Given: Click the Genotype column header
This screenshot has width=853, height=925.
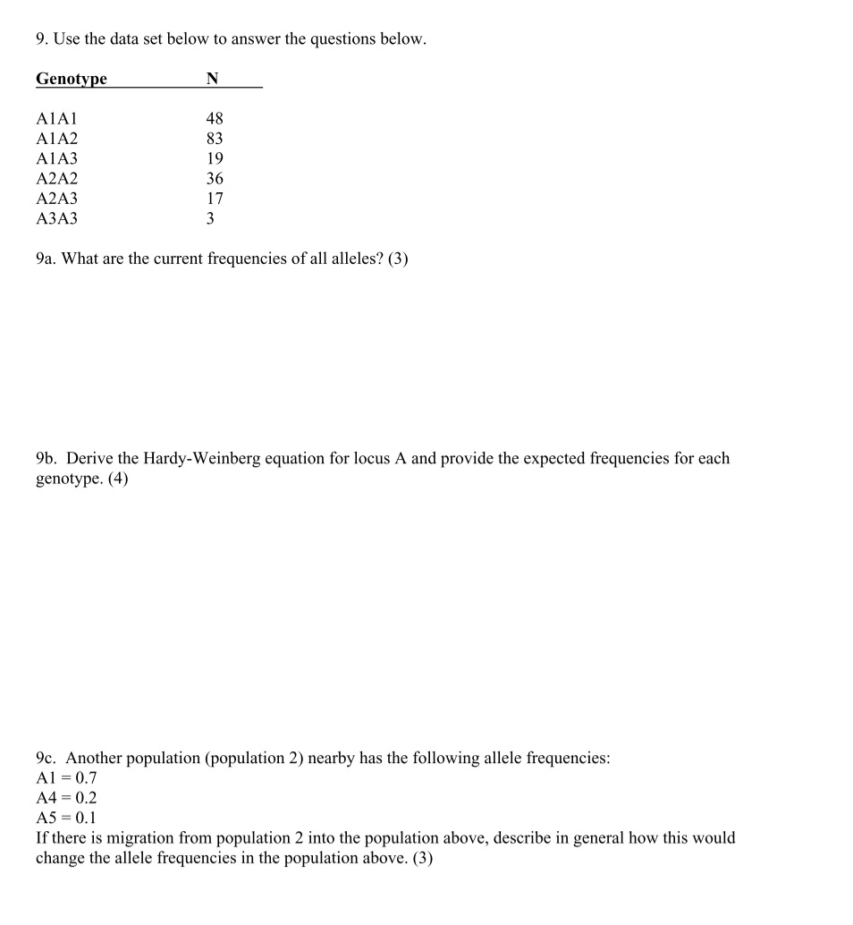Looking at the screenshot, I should coord(71,79).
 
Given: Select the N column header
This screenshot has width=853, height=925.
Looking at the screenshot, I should coord(212,79).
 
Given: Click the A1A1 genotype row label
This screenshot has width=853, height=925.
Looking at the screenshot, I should coord(57,119).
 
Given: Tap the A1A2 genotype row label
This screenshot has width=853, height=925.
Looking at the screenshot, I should coord(57,139).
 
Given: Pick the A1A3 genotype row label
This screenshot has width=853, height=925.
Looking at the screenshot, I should coord(57,158).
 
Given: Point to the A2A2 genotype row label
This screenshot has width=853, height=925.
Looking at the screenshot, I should coord(57,179).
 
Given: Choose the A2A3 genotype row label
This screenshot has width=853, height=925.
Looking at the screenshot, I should coord(57,199).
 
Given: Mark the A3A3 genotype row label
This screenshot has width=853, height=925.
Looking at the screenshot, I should coord(57,218).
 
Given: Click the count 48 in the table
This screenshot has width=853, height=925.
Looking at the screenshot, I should coord(215,119).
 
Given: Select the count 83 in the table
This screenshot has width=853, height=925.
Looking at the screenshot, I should coord(215,139).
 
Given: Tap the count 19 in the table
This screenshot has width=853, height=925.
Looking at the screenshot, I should coord(215,158).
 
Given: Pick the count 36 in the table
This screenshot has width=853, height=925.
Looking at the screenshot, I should coord(215,179).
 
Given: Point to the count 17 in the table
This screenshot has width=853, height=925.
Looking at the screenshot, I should coord(215,199).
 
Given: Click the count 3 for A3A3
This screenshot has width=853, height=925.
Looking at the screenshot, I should coord(210,218).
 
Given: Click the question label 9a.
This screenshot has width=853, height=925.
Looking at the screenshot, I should coord(46,259).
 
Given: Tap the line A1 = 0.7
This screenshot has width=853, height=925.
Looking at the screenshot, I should coord(66,778).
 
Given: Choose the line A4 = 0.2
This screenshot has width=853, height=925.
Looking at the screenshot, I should coord(66,798).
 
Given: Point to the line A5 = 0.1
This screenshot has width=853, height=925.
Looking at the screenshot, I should coord(66,819).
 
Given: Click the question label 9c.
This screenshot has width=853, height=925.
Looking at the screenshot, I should coord(46,759).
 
